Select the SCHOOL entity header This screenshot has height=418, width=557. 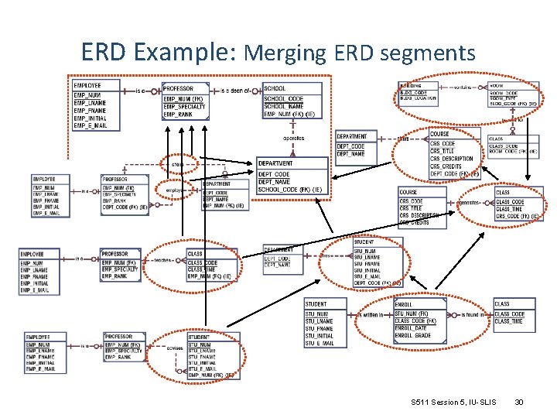(x=275, y=88)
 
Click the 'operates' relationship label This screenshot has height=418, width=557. (x=293, y=139)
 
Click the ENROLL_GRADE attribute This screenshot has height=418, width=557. (x=413, y=335)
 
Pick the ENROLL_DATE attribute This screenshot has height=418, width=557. (x=411, y=328)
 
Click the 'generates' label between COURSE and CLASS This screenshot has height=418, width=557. (x=470, y=203)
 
